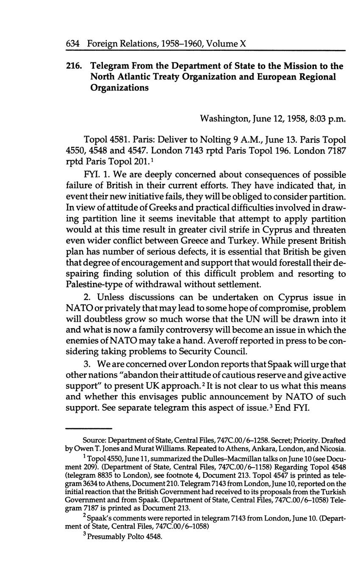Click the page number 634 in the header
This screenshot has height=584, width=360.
[74, 44]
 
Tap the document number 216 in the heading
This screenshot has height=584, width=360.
[74, 66]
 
